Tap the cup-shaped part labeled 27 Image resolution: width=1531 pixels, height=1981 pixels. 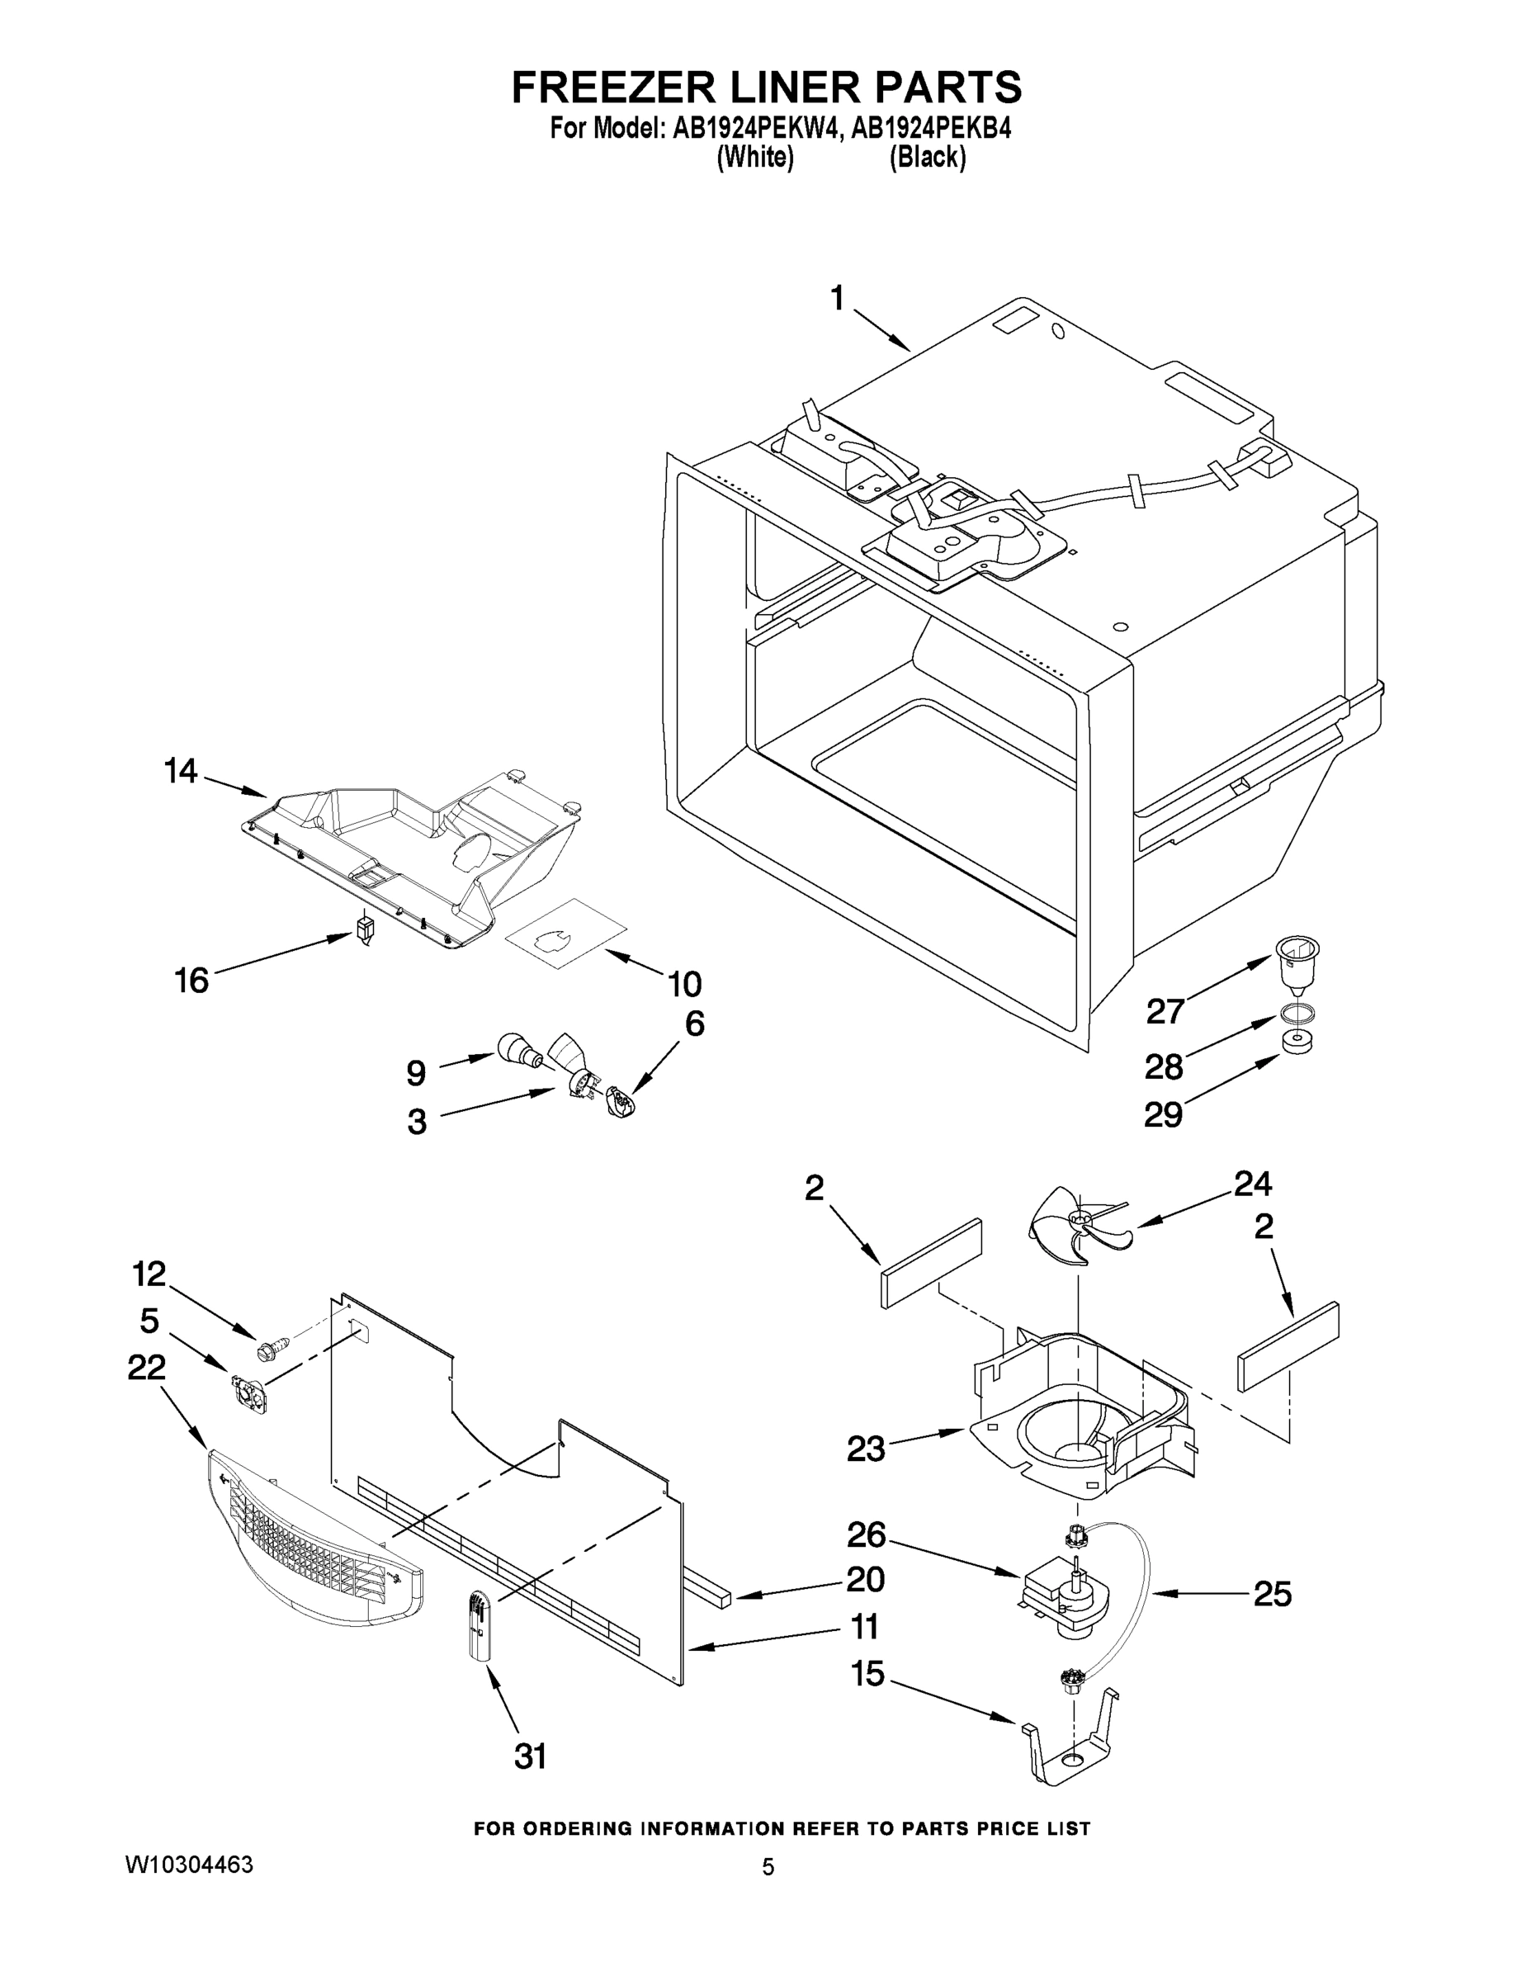(1297, 965)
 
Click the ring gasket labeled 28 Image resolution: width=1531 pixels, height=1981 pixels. (1297, 1013)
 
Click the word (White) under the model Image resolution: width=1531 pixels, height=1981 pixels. (754, 158)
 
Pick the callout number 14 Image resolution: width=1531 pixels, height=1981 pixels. (181, 771)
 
